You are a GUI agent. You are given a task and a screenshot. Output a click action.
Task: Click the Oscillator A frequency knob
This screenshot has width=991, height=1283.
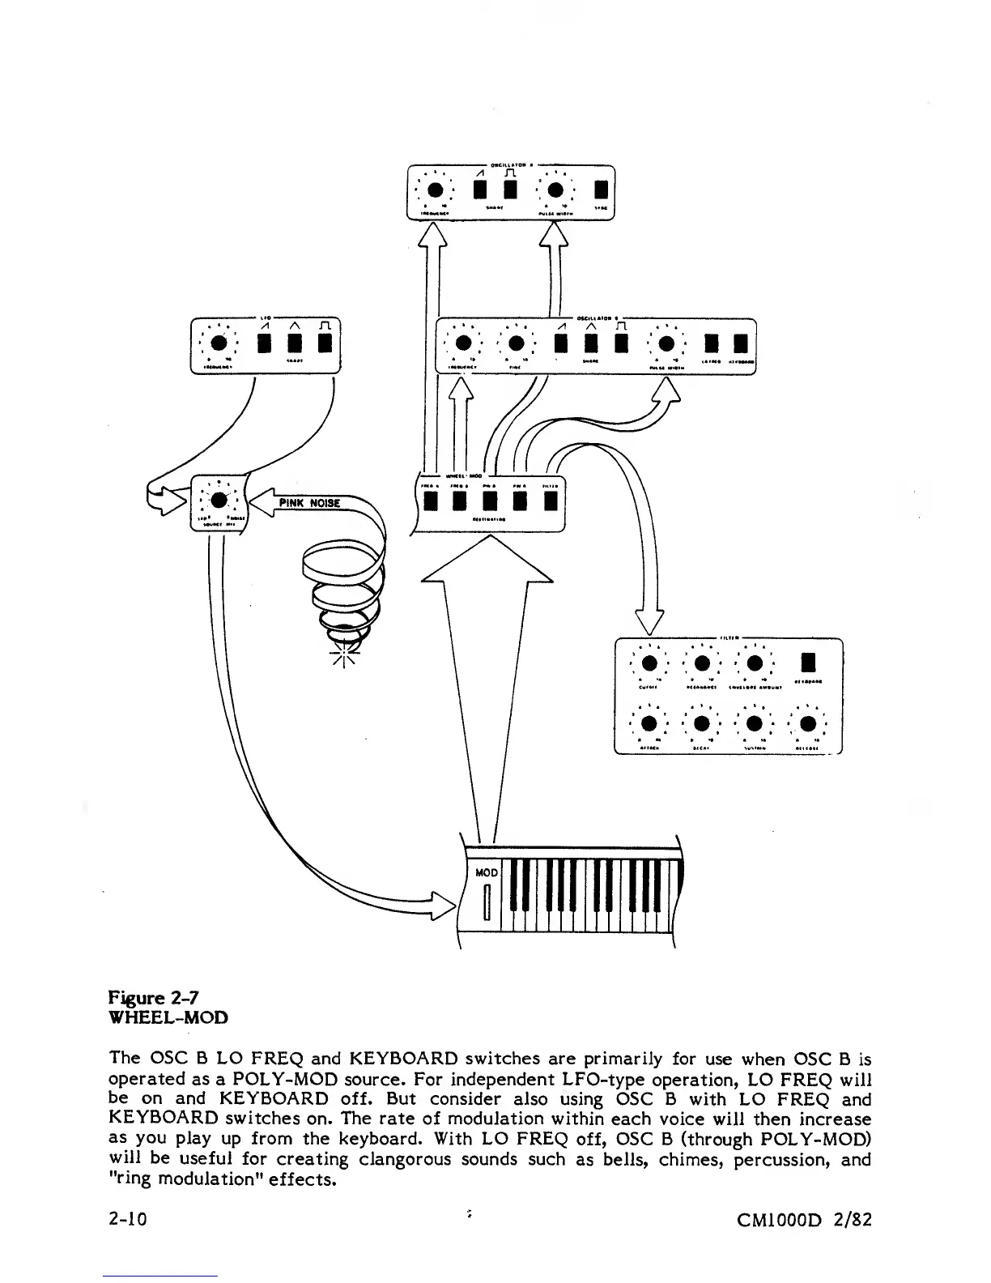(436, 190)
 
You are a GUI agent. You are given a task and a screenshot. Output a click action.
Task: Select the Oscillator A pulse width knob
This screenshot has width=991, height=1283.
(555, 190)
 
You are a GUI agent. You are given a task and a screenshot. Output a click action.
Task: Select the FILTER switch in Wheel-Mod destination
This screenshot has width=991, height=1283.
(551, 501)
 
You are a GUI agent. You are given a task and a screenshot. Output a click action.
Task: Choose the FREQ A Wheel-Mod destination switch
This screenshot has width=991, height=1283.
(430, 501)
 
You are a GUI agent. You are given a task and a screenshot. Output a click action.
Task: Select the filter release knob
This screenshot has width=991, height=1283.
(808, 724)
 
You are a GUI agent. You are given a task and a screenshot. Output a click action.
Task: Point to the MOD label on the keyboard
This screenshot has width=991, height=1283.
(486, 872)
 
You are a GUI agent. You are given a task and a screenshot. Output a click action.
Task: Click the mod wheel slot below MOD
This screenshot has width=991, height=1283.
(487, 903)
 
